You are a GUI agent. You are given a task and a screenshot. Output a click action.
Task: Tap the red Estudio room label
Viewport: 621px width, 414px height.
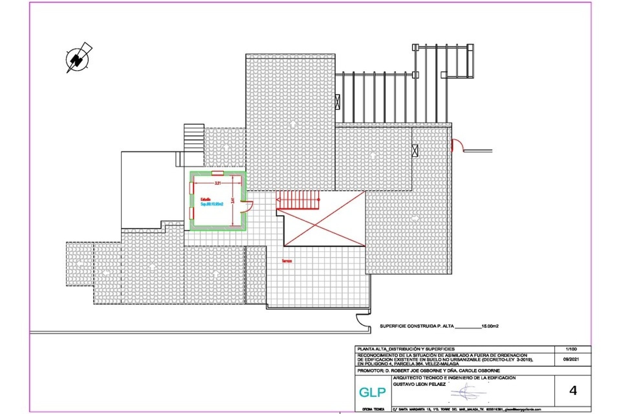point(206,199)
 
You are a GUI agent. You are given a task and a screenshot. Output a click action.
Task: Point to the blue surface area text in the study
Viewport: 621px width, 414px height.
point(212,204)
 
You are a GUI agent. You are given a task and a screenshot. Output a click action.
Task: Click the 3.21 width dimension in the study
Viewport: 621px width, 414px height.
point(218,183)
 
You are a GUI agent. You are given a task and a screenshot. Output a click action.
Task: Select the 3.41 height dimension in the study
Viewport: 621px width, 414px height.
point(233,201)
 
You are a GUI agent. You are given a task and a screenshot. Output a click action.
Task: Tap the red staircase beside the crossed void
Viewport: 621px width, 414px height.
point(298,200)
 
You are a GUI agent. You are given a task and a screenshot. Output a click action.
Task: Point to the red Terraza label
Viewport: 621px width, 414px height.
point(287,261)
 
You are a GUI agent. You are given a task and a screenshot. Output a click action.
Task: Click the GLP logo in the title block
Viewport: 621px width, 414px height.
point(372,392)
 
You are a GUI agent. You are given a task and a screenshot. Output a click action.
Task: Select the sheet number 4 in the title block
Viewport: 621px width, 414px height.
point(573,391)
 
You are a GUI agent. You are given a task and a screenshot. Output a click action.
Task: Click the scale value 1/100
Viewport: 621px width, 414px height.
point(571,349)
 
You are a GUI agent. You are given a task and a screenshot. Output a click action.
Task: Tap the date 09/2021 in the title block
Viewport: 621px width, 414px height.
point(571,359)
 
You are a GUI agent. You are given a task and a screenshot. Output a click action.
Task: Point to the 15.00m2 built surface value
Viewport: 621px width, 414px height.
point(490,326)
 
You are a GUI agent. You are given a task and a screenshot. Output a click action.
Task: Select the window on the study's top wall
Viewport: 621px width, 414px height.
point(218,173)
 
